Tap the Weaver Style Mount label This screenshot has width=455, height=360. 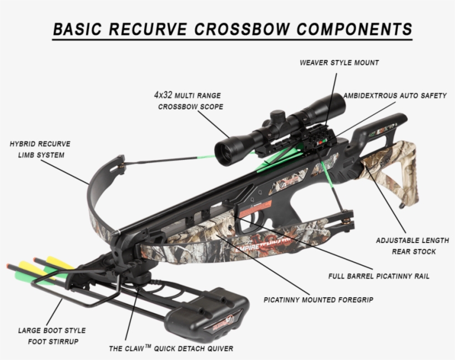tap(339, 63)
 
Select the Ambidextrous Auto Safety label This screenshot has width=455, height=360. tap(394, 95)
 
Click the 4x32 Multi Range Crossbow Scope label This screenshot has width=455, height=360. tap(190, 100)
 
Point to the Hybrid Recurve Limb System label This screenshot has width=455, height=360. tap(40, 149)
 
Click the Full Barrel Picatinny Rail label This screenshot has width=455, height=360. tap(378, 276)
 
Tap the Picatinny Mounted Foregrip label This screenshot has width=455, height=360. tap(318, 300)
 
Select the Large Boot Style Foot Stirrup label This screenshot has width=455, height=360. tap(52, 336)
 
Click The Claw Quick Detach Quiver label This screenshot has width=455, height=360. tap(170, 348)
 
